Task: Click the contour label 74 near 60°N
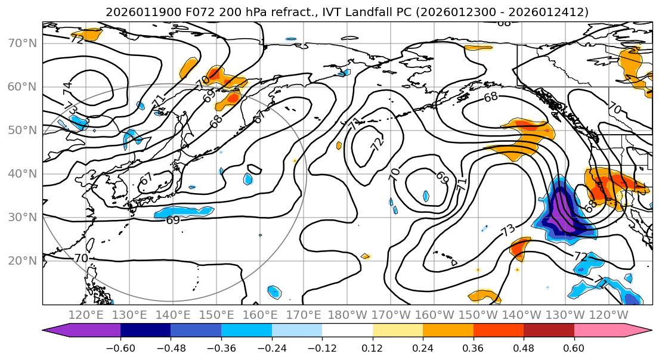(x=67, y=88)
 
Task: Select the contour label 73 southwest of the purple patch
(x=508, y=230)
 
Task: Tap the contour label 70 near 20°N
(x=81, y=258)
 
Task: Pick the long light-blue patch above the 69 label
(x=184, y=212)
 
